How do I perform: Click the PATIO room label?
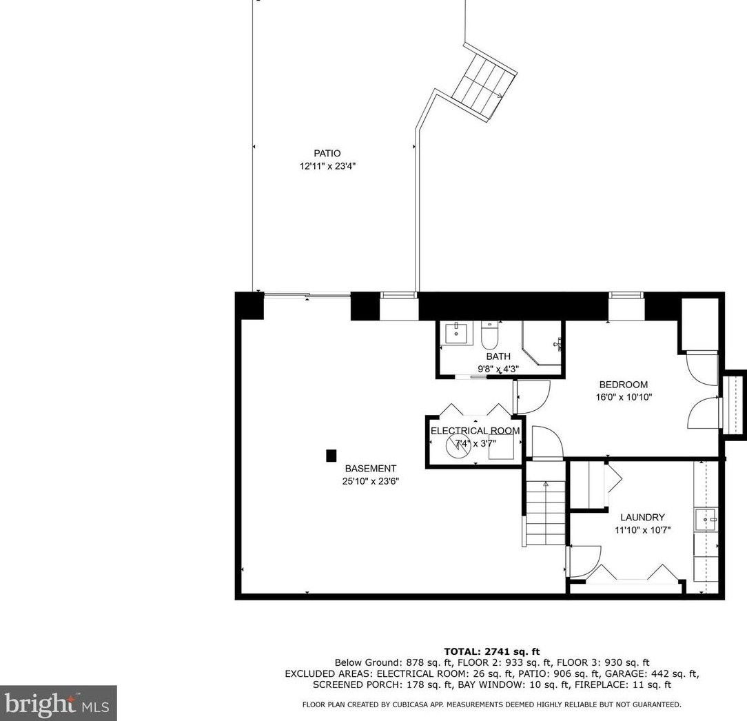tap(327, 154)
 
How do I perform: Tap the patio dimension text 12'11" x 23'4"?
tap(327, 166)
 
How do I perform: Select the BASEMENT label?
tap(370, 469)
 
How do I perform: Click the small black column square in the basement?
tap(331, 456)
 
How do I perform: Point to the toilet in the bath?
tap(489, 335)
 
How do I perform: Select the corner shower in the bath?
tap(542, 343)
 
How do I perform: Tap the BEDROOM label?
tap(623, 385)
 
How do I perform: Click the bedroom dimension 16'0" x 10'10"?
tap(623, 397)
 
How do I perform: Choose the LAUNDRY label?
tap(642, 517)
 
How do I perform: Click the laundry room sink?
tap(706, 520)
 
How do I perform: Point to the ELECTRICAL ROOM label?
tap(475, 431)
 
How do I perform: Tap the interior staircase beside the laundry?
tap(546, 513)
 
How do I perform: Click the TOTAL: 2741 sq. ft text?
tap(491, 651)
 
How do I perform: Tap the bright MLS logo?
tap(58, 703)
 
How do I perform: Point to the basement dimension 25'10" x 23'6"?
tap(370, 481)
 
